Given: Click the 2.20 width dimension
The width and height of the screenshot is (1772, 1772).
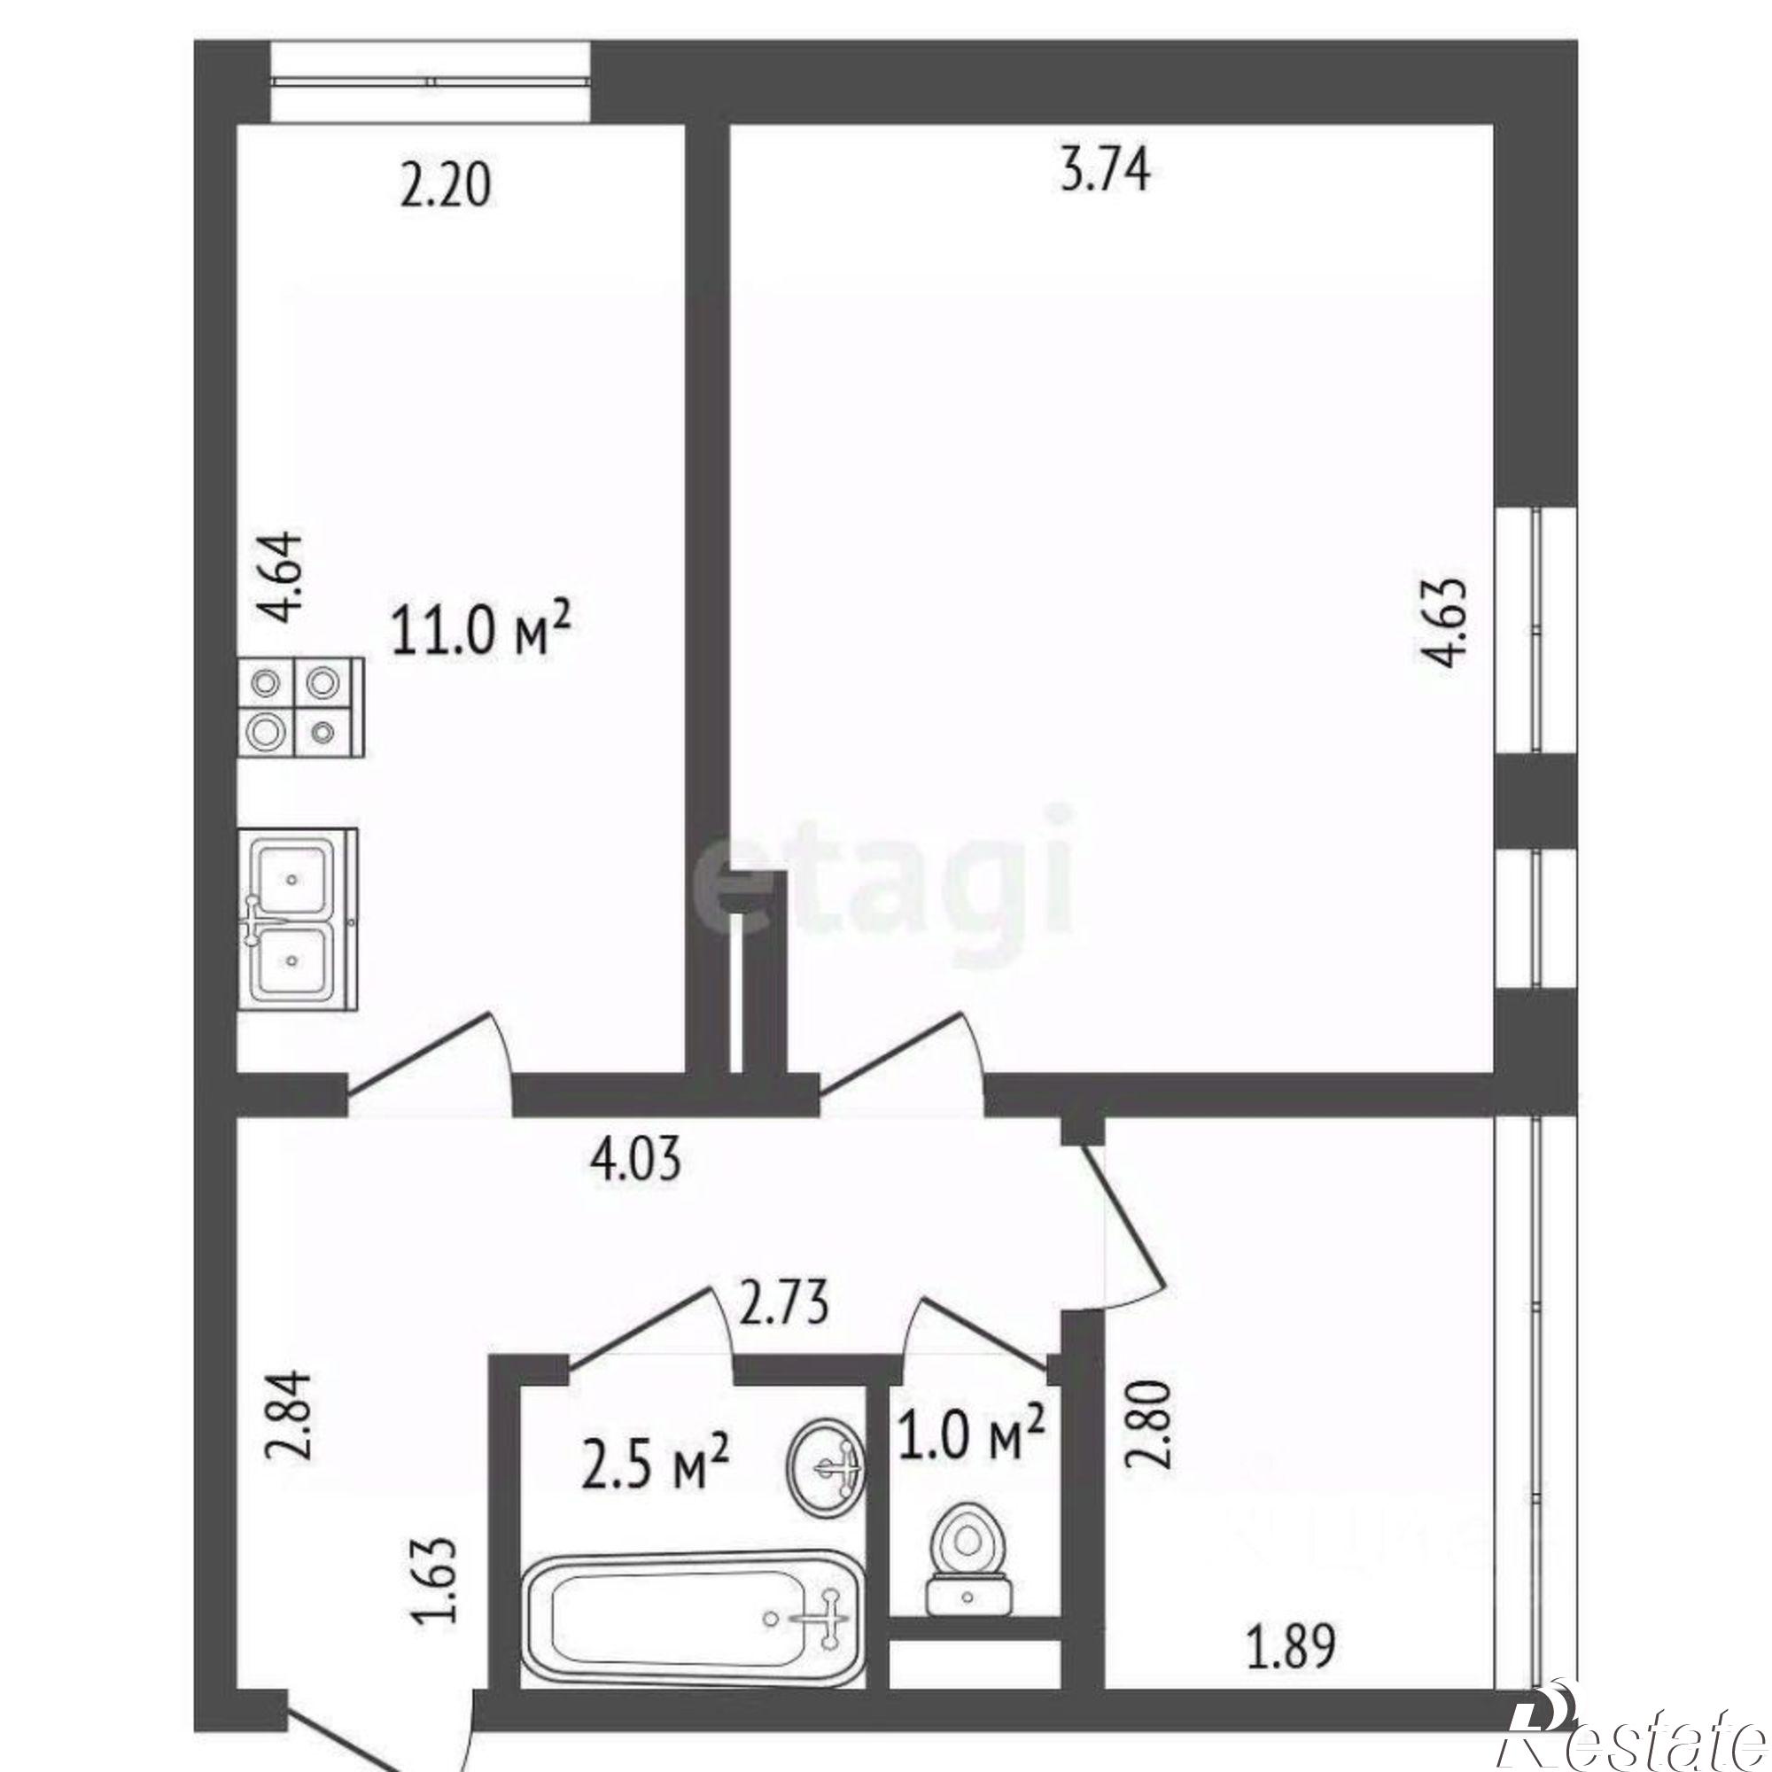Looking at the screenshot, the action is tap(446, 187).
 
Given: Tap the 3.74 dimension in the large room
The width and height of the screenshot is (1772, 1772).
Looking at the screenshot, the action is tap(1104, 172).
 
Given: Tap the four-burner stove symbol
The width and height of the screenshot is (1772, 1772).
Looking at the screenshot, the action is tap(302, 706).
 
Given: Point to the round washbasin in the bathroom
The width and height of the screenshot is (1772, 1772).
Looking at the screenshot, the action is tap(826, 1469).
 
